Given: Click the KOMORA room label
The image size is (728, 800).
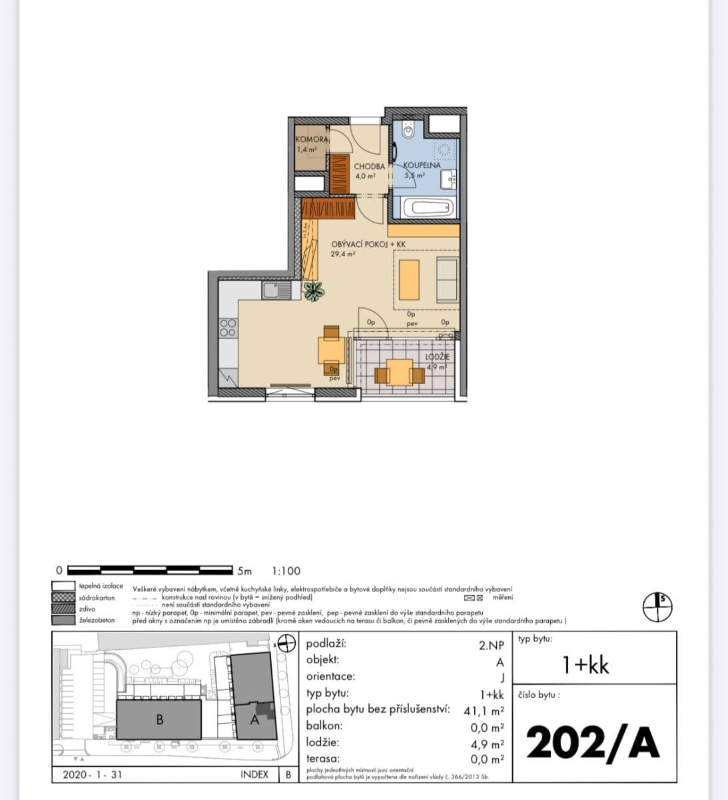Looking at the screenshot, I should tap(311, 139).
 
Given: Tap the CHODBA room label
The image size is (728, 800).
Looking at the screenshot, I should tap(369, 166).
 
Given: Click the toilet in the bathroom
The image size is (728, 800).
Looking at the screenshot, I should tap(409, 130).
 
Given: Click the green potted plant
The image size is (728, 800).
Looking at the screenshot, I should tap(313, 291).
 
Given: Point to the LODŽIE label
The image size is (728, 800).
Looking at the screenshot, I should tap(438, 357).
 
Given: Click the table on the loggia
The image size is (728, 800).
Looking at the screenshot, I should tap(399, 373).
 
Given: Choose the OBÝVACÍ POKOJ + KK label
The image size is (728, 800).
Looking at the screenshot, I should tap(368, 245).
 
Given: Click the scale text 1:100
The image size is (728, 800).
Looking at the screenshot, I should tap(286, 571).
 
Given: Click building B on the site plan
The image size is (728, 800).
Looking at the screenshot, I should tap(159, 719).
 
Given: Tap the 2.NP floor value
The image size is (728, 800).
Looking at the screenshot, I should tap(491, 645).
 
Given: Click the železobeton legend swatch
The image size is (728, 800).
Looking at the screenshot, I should tap(63, 620).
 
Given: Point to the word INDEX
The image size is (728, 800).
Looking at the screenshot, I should tap(254, 775).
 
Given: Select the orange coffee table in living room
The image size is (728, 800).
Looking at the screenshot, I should tap(409, 279).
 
